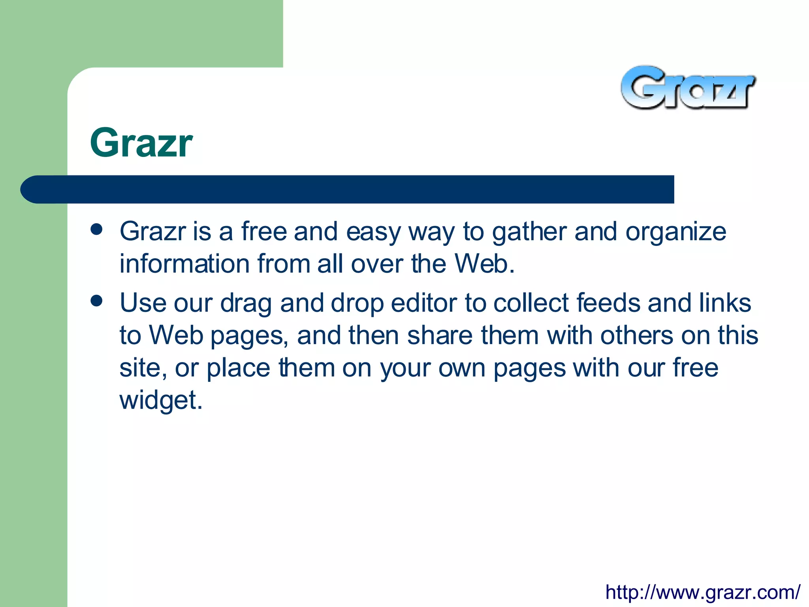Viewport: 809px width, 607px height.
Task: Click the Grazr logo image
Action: point(688,88)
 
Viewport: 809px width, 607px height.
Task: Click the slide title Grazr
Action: point(141,143)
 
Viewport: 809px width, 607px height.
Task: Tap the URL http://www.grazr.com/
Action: point(703,592)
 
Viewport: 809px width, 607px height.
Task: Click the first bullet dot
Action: point(96,230)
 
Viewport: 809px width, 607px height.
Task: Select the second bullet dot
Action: point(96,301)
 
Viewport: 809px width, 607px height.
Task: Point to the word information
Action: point(184,264)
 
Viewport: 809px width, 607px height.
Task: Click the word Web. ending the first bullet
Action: point(485,264)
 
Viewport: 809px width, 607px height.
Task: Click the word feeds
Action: point(608,303)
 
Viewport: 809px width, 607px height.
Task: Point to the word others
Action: point(636,336)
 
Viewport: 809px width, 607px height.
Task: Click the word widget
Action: point(161,400)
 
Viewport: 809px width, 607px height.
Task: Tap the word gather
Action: point(529,232)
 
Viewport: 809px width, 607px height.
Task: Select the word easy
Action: point(373,232)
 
